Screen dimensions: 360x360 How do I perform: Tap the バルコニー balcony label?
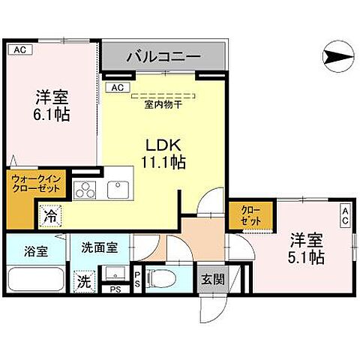click(163, 56)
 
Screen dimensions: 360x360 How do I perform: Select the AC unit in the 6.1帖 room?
click(20, 49)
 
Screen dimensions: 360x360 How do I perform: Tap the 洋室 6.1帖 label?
click(52, 105)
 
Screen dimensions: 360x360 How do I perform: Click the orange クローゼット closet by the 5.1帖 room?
click(247, 216)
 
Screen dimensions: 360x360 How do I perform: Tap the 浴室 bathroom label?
click(34, 251)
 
